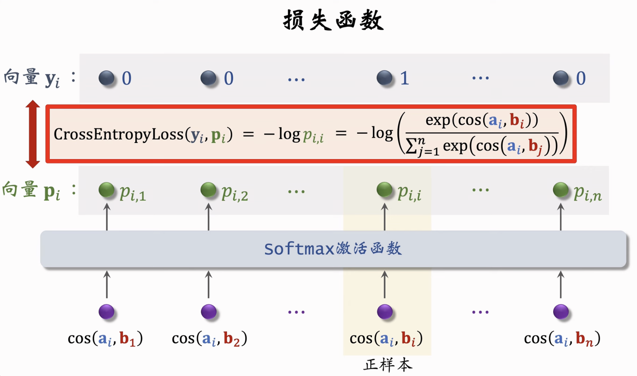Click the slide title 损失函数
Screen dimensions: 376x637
click(x=333, y=20)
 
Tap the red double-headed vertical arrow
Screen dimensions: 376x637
click(x=33, y=134)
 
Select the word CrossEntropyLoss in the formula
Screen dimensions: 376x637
click(x=119, y=135)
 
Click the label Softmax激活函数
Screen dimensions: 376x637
click(x=333, y=249)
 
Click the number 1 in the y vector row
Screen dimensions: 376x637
click(x=404, y=78)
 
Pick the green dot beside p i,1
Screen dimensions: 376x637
click(x=107, y=190)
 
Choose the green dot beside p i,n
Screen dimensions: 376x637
click(x=561, y=190)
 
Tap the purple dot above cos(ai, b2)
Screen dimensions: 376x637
click(x=209, y=311)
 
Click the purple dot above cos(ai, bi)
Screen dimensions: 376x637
click(x=385, y=311)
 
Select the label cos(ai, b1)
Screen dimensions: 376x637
click(x=105, y=339)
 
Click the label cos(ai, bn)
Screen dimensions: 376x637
click(x=562, y=339)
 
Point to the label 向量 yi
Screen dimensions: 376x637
click(x=32, y=78)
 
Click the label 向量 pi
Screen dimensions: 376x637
click(x=32, y=191)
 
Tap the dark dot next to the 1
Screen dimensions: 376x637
click(x=384, y=78)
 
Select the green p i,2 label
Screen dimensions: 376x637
click(x=235, y=193)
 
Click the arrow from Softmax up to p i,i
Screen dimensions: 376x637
click(x=385, y=217)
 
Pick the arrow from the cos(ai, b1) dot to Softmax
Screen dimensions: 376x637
click(x=107, y=284)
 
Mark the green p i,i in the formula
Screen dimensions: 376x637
click(x=313, y=136)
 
